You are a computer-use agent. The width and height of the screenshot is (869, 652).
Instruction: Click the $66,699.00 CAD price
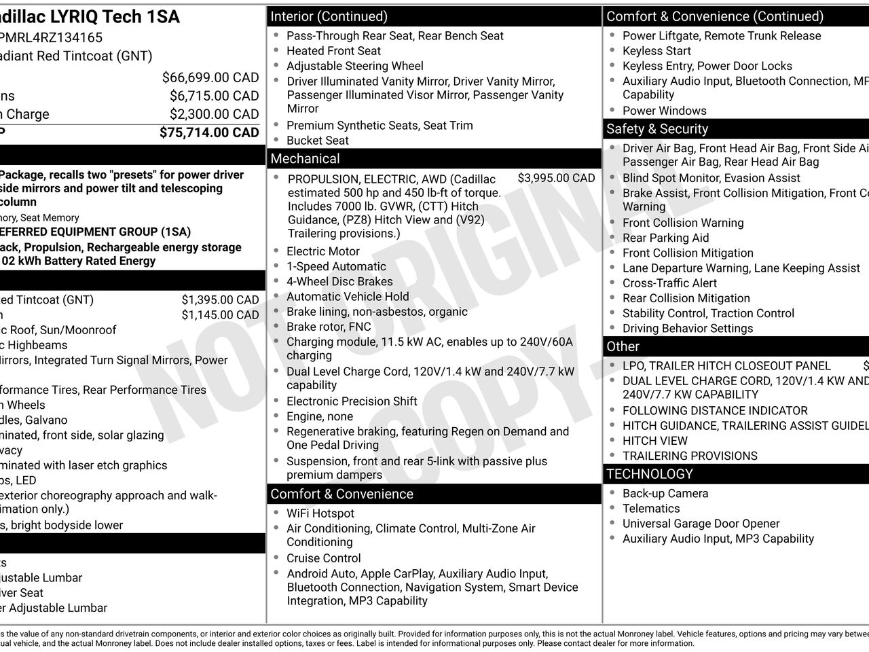coord(210,77)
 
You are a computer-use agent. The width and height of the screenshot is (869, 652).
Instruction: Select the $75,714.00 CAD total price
coord(209,132)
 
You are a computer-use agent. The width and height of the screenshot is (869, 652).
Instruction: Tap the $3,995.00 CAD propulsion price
coord(556,178)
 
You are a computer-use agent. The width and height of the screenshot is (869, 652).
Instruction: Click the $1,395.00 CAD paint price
coord(220,300)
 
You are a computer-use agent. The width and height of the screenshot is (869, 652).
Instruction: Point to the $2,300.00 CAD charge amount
coord(214,114)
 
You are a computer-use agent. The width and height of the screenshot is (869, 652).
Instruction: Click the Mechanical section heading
coord(305,159)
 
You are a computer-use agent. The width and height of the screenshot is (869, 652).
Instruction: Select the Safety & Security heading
coord(657,129)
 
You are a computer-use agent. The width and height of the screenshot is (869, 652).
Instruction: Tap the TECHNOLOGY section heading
coord(650,474)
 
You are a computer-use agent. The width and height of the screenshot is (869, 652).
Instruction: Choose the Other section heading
coord(623,346)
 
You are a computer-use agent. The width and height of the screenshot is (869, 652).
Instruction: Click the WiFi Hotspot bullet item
coord(320,513)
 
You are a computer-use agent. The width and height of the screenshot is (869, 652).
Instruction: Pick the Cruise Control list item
coord(323,558)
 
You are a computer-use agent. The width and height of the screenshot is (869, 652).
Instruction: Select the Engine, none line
coord(319,416)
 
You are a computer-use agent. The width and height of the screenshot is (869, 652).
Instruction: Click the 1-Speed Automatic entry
coord(336,266)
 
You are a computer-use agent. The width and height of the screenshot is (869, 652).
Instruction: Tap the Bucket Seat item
coord(317,141)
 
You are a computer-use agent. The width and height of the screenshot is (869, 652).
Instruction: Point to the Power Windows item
coord(664,111)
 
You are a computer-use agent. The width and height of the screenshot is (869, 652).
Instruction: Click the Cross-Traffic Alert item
coord(669,283)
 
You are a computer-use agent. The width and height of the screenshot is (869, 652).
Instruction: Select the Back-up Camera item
coord(665,494)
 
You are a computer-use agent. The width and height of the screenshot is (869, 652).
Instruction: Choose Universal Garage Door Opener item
coord(701,524)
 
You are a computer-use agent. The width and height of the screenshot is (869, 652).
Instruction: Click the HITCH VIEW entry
coord(654,441)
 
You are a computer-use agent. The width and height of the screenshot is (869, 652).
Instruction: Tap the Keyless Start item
coord(657,51)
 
